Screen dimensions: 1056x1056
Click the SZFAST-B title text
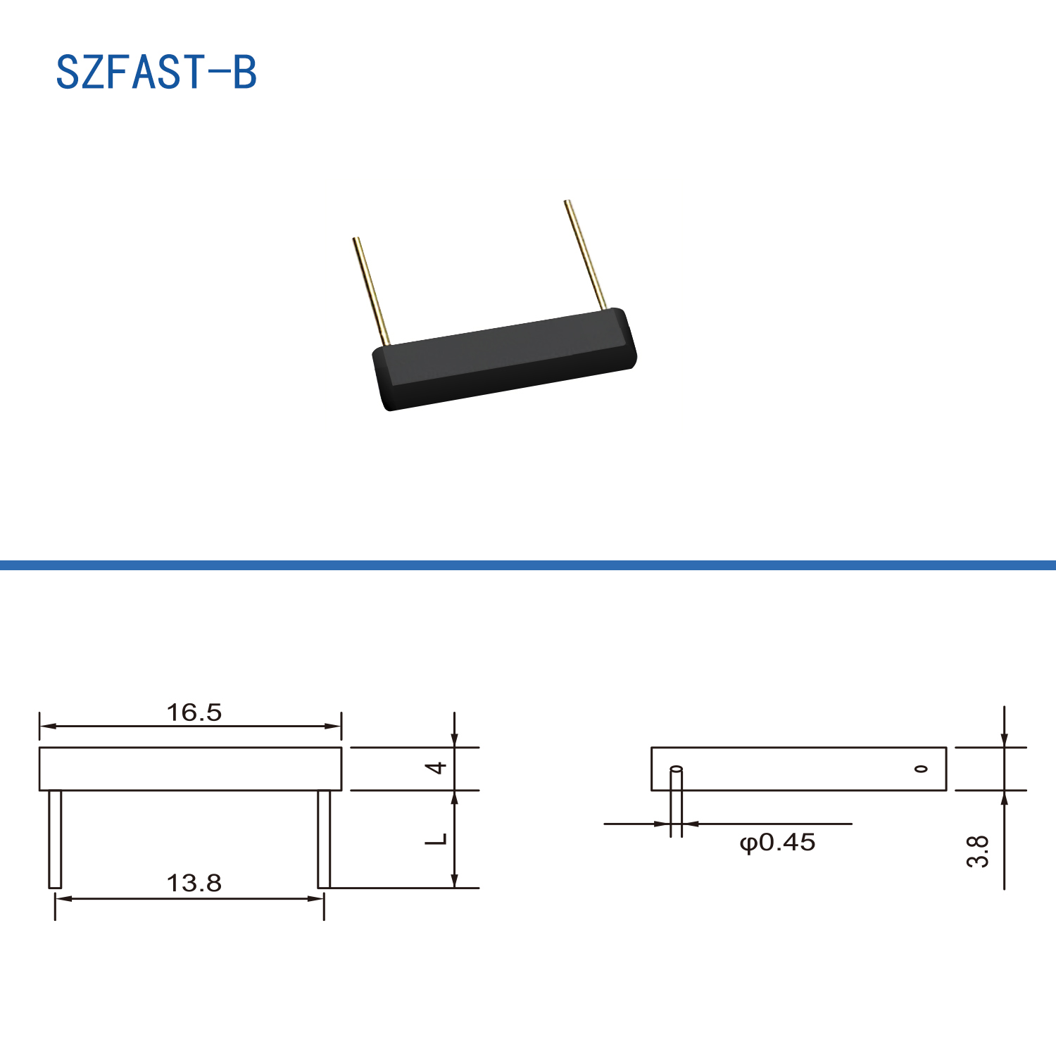point(156,72)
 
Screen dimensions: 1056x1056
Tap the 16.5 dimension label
point(194,712)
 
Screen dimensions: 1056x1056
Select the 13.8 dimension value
point(194,883)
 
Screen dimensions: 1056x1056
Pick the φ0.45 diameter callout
point(777,842)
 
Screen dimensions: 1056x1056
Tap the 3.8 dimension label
point(978,851)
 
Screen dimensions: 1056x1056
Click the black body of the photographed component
point(504,359)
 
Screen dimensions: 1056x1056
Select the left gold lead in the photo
point(371,291)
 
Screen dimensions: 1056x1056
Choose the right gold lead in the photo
point(585,255)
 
